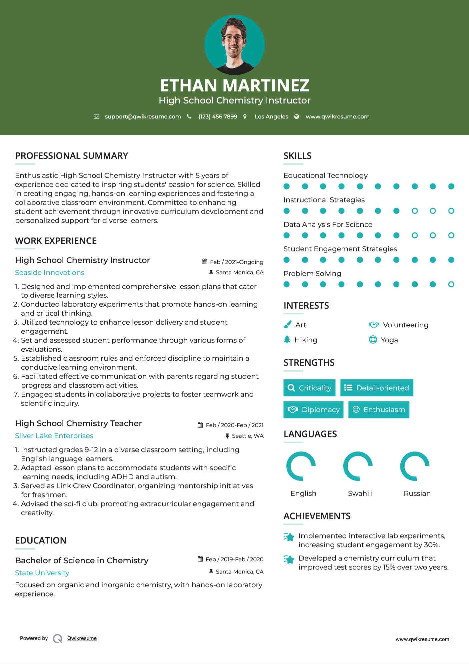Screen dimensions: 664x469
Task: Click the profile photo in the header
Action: (234, 45)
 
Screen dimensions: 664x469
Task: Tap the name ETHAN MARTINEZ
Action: (234, 85)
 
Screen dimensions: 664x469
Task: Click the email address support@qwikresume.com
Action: (143, 117)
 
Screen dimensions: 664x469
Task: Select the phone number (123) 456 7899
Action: (218, 117)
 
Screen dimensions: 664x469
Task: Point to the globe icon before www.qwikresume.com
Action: (297, 117)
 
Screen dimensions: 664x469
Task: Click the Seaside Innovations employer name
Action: (50, 273)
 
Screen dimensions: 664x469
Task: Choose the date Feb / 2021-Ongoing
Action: (236, 262)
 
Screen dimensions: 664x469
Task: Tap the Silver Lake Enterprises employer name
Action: (54, 436)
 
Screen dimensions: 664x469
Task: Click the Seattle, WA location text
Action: (247, 436)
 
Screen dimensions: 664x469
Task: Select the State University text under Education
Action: (42, 573)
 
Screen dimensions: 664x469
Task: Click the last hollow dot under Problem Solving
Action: (451, 284)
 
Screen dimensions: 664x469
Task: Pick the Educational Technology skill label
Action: (325, 176)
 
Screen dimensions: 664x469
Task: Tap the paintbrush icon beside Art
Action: (287, 325)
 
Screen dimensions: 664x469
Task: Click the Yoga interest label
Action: (389, 340)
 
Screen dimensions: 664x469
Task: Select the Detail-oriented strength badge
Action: (377, 388)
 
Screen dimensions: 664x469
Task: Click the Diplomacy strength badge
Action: (313, 410)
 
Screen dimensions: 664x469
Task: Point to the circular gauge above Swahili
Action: (358, 466)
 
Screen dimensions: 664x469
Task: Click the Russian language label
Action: (417, 493)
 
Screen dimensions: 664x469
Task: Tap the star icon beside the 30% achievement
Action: (289, 537)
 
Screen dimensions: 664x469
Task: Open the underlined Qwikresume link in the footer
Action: (82, 638)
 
